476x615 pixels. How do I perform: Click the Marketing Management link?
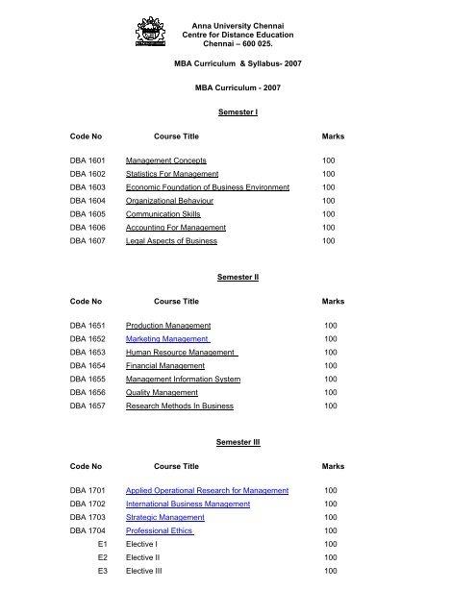168,339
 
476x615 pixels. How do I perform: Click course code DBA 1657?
88,406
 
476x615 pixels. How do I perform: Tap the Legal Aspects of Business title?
182,241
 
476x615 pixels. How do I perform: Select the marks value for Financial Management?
331,365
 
